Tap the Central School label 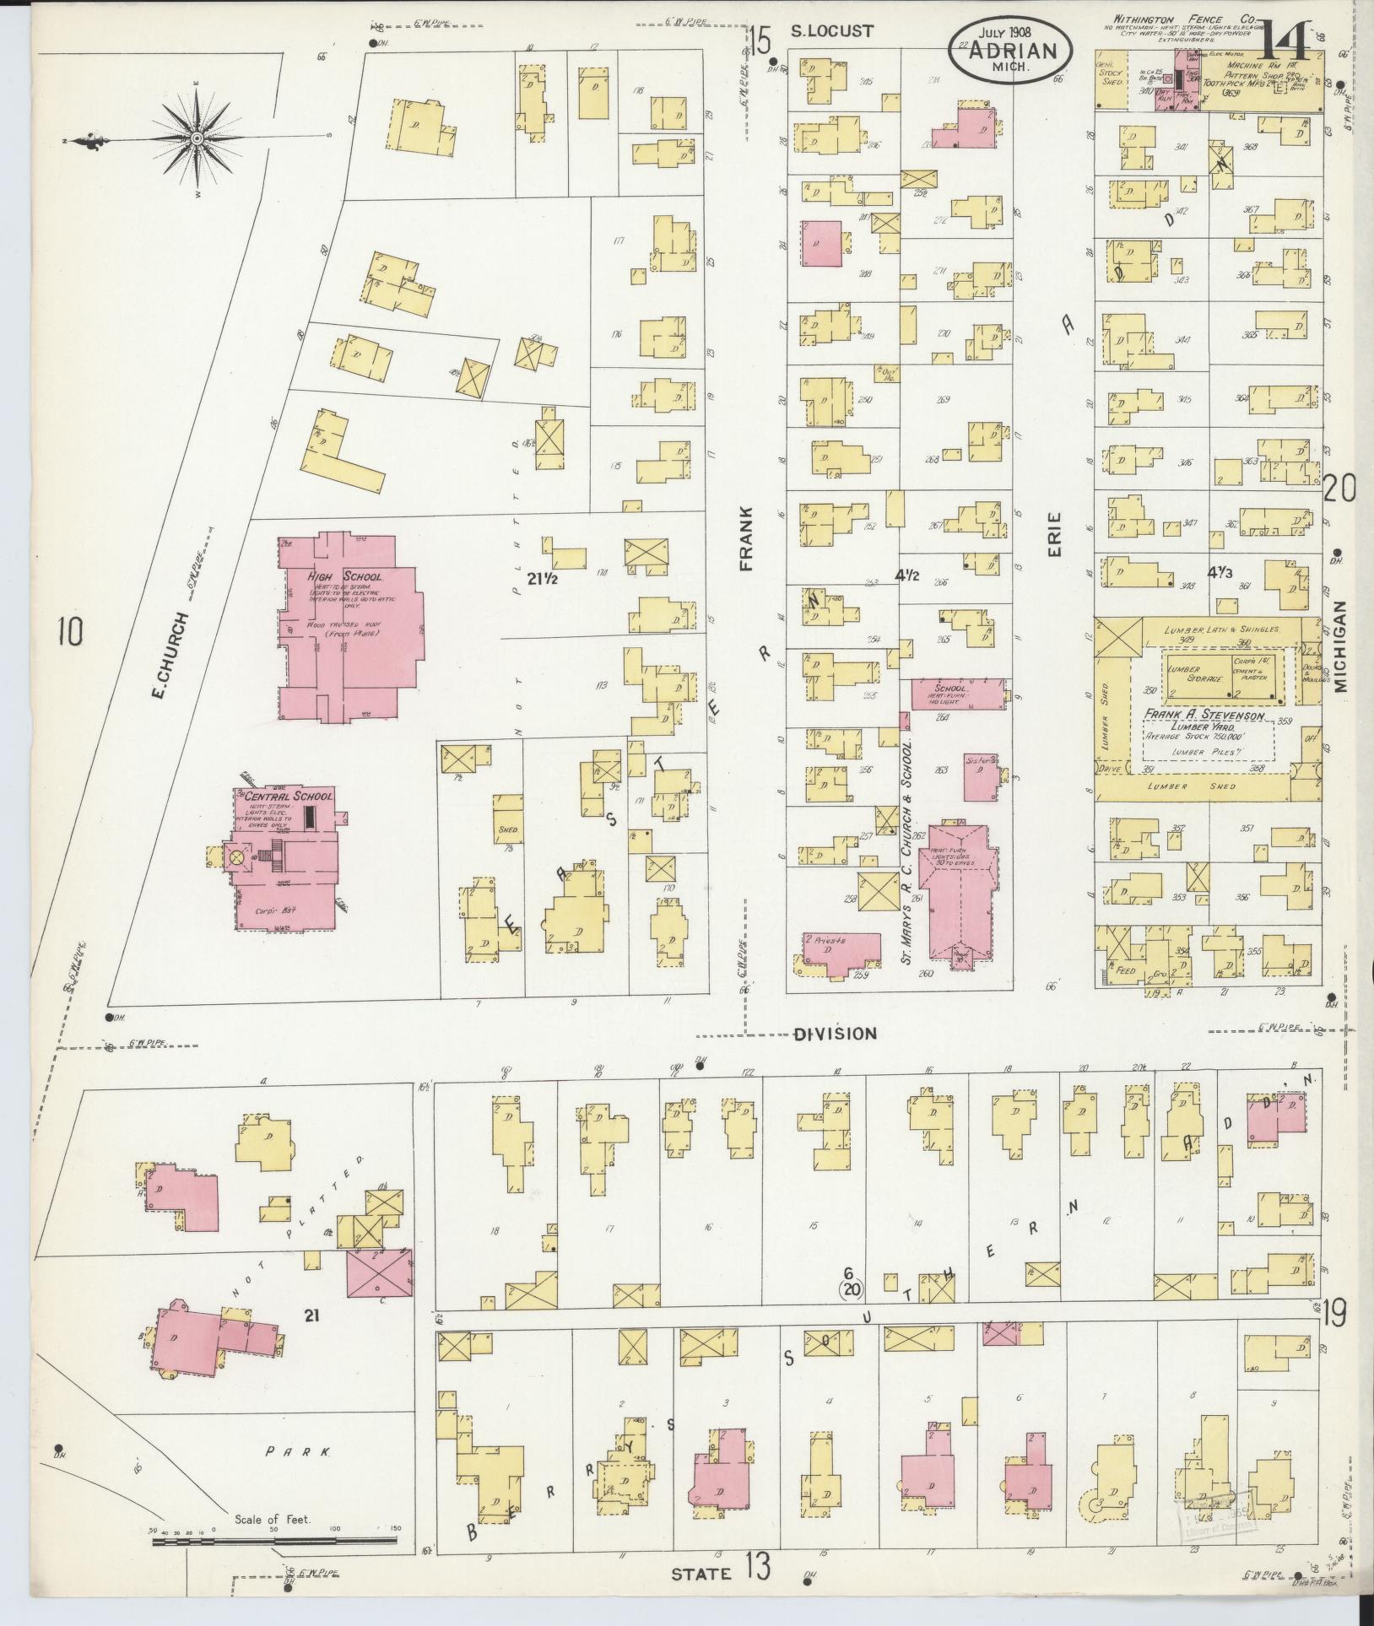pyautogui.click(x=284, y=796)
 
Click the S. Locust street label pyautogui.click(x=832, y=31)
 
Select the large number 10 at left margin pyautogui.click(x=72, y=630)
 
